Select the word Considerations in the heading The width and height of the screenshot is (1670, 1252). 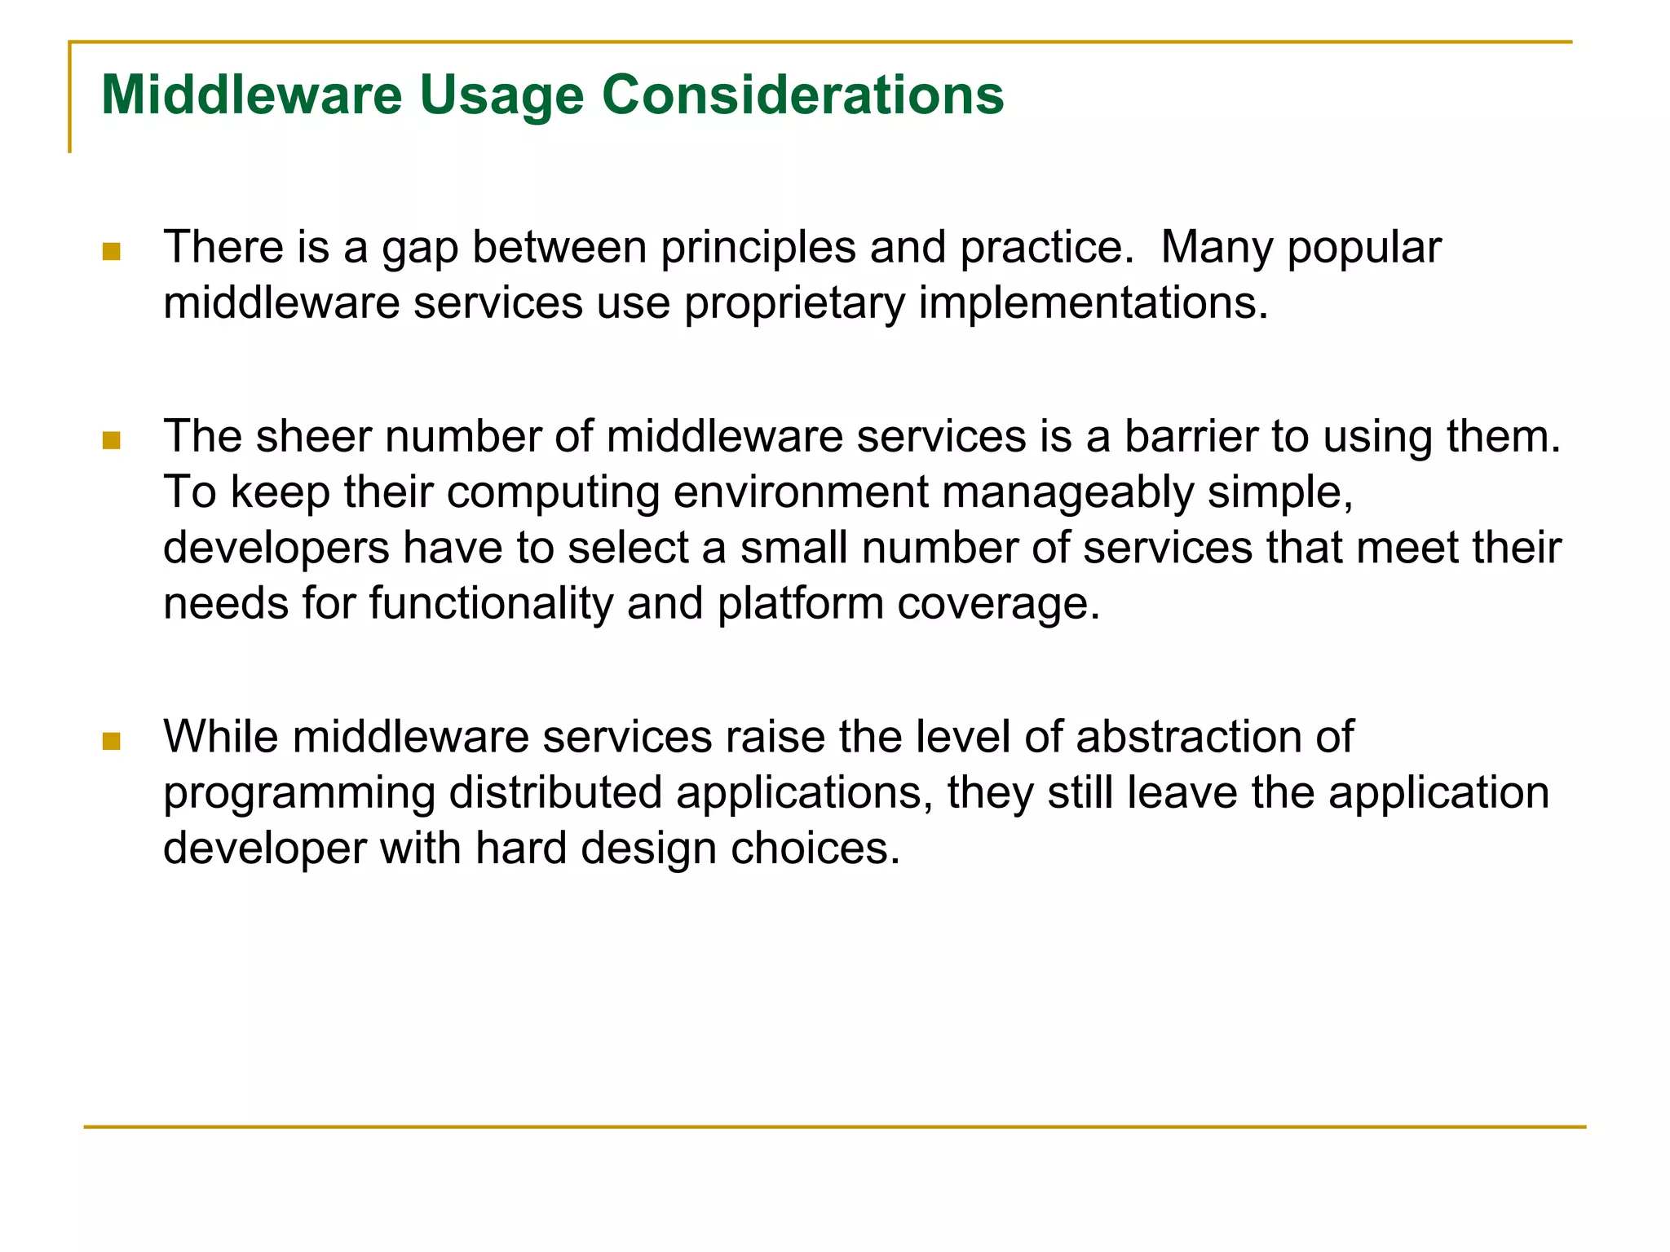pos(802,95)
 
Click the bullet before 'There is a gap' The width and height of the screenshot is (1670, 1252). pos(112,252)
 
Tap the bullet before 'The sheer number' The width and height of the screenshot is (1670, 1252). pos(112,441)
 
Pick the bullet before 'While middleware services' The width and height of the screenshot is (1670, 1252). pos(112,741)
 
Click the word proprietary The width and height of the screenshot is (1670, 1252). pos(794,303)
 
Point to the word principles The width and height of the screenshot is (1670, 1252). pos(758,248)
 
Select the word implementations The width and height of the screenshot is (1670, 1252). pos(1093,303)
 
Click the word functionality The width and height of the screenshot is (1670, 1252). pos(491,604)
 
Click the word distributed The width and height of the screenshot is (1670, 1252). pos(555,793)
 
